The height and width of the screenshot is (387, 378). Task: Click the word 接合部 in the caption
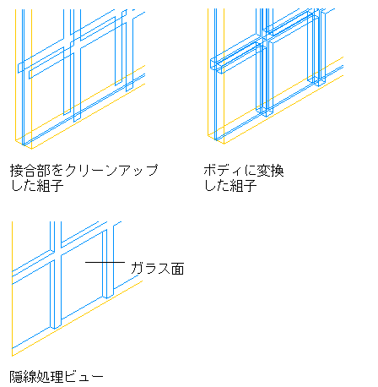point(30,171)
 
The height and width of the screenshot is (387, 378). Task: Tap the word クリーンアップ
point(111,171)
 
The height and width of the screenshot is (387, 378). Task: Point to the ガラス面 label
point(158,269)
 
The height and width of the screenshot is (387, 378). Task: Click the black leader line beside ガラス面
point(105,263)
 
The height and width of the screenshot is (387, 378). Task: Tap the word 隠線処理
point(36,377)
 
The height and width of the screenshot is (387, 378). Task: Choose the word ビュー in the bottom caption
point(84,377)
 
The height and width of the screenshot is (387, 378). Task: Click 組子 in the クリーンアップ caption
point(50,186)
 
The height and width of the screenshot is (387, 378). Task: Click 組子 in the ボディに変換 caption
point(243,186)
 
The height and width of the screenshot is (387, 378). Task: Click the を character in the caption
point(57,171)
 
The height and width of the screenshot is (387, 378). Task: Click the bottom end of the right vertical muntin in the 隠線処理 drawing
point(108,296)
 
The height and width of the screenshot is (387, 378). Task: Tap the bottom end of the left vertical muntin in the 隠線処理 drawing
point(56,326)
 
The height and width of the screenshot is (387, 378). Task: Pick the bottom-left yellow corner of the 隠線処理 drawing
point(12,356)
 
